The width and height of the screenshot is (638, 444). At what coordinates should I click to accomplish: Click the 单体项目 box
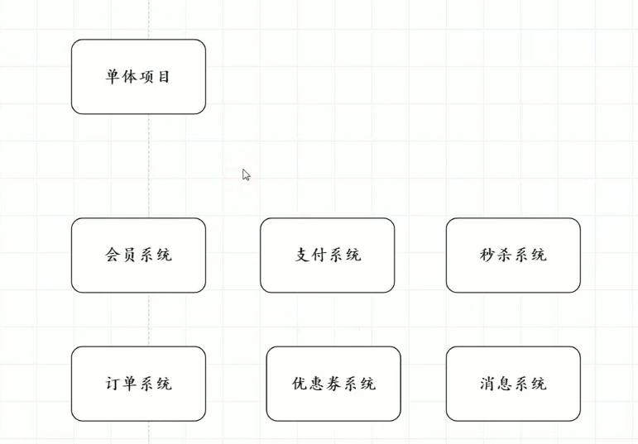tap(138, 76)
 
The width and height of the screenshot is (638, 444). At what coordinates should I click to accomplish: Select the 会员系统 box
tap(138, 255)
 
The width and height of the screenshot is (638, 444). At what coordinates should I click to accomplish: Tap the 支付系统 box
tap(327, 255)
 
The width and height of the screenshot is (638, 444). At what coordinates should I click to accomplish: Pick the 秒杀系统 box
tap(513, 255)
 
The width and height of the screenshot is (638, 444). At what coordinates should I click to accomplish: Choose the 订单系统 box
tap(138, 384)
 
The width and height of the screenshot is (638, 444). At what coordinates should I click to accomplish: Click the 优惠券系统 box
tap(333, 384)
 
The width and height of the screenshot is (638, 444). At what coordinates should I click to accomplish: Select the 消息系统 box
tap(513, 384)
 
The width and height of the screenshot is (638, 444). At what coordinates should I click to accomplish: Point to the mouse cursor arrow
tap(246, 174)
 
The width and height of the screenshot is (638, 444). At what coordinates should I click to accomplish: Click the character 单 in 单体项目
tap(113, 77)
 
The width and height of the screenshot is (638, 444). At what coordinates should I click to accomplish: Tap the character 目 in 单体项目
tap(164, 77)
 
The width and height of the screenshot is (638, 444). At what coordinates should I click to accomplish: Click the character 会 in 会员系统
tap(113, 255)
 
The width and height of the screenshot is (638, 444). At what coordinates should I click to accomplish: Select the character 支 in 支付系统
tap(302, 255)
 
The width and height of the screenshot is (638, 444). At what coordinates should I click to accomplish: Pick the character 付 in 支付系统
tap(319, 255)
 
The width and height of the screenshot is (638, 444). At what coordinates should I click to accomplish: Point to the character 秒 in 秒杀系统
tap(488, 255)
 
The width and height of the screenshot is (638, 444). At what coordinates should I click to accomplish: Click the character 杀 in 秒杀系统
tap(505, 255)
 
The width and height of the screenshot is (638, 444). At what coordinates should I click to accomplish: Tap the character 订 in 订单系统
tap(113, 384)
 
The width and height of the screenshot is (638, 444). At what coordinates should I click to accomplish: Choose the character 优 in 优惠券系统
tap(300, 384)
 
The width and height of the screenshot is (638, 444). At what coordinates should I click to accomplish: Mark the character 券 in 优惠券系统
tap(333, 384)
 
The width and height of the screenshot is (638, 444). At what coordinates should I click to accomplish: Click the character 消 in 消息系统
tap(488, 384)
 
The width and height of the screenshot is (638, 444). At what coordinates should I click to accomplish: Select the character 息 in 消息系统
tap(505, 384)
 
